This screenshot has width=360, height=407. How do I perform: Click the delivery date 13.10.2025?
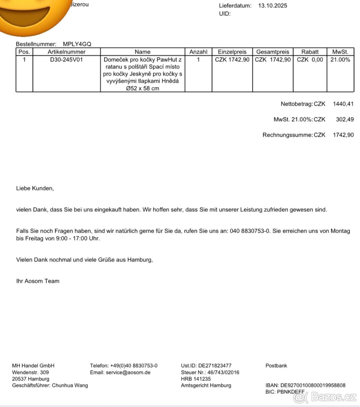pos(272,6)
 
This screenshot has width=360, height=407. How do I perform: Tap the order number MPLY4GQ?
pos(77,44)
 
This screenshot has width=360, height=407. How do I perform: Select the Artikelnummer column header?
pos(67,52)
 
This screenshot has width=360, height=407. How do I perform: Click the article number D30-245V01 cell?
pos(67,60)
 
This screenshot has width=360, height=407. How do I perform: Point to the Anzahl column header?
pos(198,52)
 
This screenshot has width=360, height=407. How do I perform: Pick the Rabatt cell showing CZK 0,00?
pos(310,60)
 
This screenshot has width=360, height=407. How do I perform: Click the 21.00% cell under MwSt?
pos(340,60)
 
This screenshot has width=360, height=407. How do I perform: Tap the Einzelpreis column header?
pos(232,52)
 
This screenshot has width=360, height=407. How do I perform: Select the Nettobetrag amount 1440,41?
pos(343,104)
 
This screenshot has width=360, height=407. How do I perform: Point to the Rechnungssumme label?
pos(287,135)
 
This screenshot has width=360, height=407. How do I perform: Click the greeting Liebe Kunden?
pos(35,188)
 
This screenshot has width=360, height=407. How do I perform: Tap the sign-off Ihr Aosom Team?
pos(38,281)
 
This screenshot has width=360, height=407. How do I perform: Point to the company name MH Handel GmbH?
pos(33,366)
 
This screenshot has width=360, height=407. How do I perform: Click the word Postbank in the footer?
pos(276,366)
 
